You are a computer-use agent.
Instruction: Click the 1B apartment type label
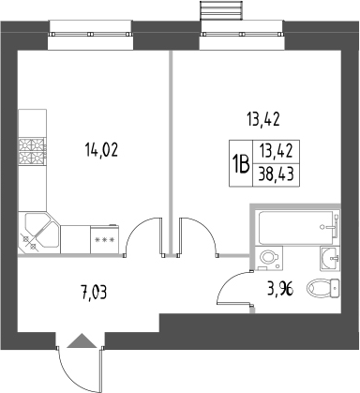tap(241, 165)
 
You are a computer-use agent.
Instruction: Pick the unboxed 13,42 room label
tap(263, 119)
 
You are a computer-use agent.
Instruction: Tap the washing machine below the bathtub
tap(270, 257)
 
